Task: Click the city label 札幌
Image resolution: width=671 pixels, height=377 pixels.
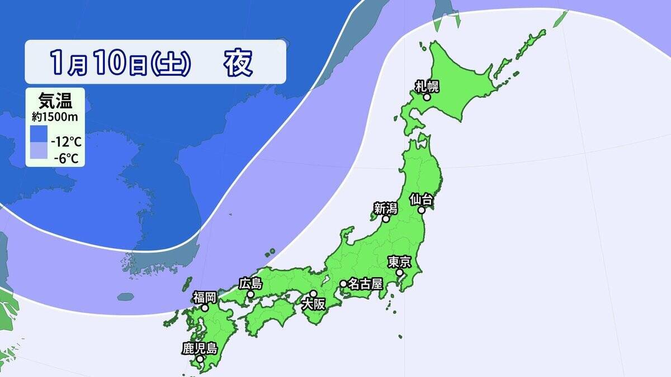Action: [427, 86]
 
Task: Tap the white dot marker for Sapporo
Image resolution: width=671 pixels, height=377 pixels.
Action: [427, 97]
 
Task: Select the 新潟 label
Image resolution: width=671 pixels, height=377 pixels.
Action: [385, 208]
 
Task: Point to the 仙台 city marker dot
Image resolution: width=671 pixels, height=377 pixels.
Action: [422, 210]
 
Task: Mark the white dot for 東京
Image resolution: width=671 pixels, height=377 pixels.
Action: [400, 273]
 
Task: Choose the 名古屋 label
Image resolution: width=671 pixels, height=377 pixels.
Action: [365, 284]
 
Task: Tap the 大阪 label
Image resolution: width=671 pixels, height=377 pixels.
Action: [313, 305]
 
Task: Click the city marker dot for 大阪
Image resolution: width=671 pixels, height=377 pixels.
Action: [314, 294]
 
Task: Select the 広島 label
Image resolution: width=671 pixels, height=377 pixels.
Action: [251, 283]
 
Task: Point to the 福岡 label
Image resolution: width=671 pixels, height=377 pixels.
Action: [205, 297]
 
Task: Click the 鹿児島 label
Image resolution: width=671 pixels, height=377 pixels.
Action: [200, 349]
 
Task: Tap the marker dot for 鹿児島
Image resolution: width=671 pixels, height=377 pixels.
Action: [200, 359]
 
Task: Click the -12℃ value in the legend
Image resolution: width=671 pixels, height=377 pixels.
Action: [65, 141]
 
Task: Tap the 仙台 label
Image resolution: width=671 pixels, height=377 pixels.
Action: [421, 199]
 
